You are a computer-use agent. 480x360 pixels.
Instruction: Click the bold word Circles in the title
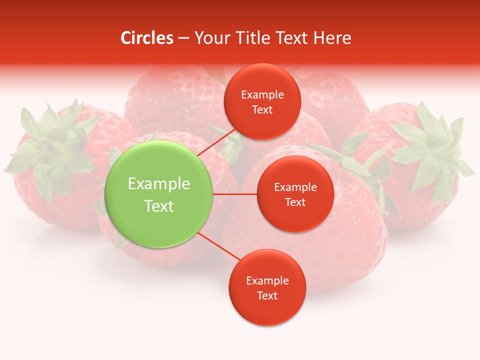pyautogui.click(x=146, y=38)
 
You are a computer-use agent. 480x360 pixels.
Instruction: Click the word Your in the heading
pyautogui.click(x=209, y=38)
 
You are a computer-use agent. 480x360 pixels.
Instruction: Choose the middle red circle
pyautogui.click(x=295, y=215)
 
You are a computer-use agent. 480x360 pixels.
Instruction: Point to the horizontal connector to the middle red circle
pyautogui.click(x=235, y=194)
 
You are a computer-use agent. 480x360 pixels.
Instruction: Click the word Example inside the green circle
pyautogui.click(x=159, y=184)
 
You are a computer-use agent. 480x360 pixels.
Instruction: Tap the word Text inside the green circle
pyautogui.click(x=159, y=206)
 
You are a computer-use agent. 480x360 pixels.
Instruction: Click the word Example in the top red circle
pyautogui.click(x=262, y=95)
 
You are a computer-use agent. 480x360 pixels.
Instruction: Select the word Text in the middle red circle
pyautogui.click(x=295, y=202)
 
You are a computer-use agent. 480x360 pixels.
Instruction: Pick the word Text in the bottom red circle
pyautogui.click(x=267, y=296)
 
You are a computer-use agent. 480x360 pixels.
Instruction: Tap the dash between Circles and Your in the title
pyautogui.click(x=183, y=38)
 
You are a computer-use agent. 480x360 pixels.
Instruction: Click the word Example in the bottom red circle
pyautogui.click(x=267, y=281)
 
